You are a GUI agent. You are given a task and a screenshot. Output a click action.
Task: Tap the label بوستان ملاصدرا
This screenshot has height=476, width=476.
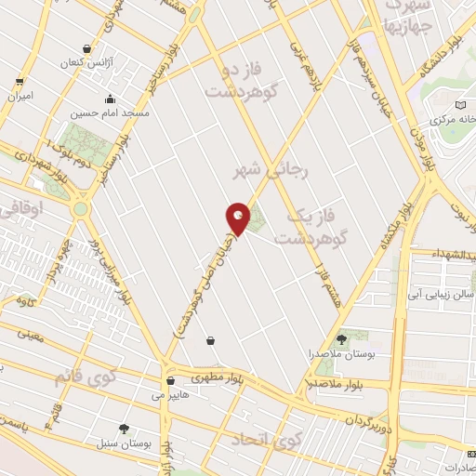pos(339,354)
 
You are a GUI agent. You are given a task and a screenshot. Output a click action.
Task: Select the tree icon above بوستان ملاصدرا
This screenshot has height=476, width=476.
pos(340,339)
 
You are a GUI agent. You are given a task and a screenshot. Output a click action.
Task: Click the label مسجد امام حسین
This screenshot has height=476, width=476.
pos(111,114)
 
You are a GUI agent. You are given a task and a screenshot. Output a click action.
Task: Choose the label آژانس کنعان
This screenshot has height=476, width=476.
pos(88,62)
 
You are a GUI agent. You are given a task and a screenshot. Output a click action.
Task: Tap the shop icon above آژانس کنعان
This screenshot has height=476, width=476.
pos(88,48)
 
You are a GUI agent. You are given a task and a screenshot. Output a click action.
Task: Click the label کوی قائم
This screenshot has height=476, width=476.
pos(76,377)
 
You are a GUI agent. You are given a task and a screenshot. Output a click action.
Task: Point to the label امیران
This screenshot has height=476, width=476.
pos(19,96)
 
